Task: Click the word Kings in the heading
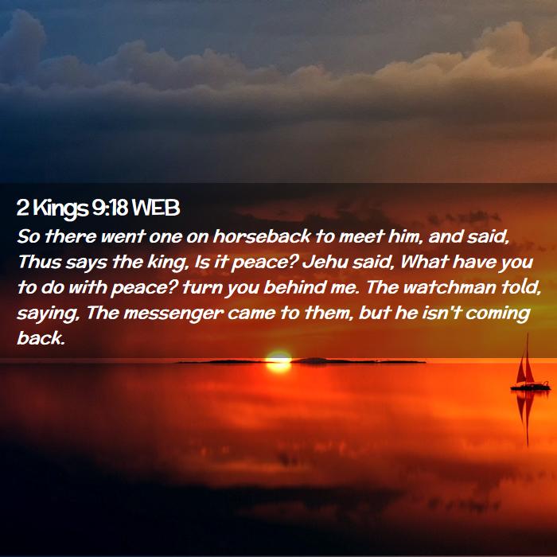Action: pyautogui.click(x=60, y=208)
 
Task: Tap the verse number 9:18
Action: pyautogui.click(x=110, y=208)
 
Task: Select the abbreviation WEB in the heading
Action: pyautogui.click(x=156, y=208)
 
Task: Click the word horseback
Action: pyautogui.click(x=262, y=236)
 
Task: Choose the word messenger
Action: pyautogui.click(x=173, y=314)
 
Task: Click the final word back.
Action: pyautogui.click(x=41, y=338)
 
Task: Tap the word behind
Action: pyautogui.click(x=294, y=287)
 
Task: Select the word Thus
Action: pyautogui.click(x=40, y=262)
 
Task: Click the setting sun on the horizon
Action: pyautogui.click(x=278, y=361)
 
